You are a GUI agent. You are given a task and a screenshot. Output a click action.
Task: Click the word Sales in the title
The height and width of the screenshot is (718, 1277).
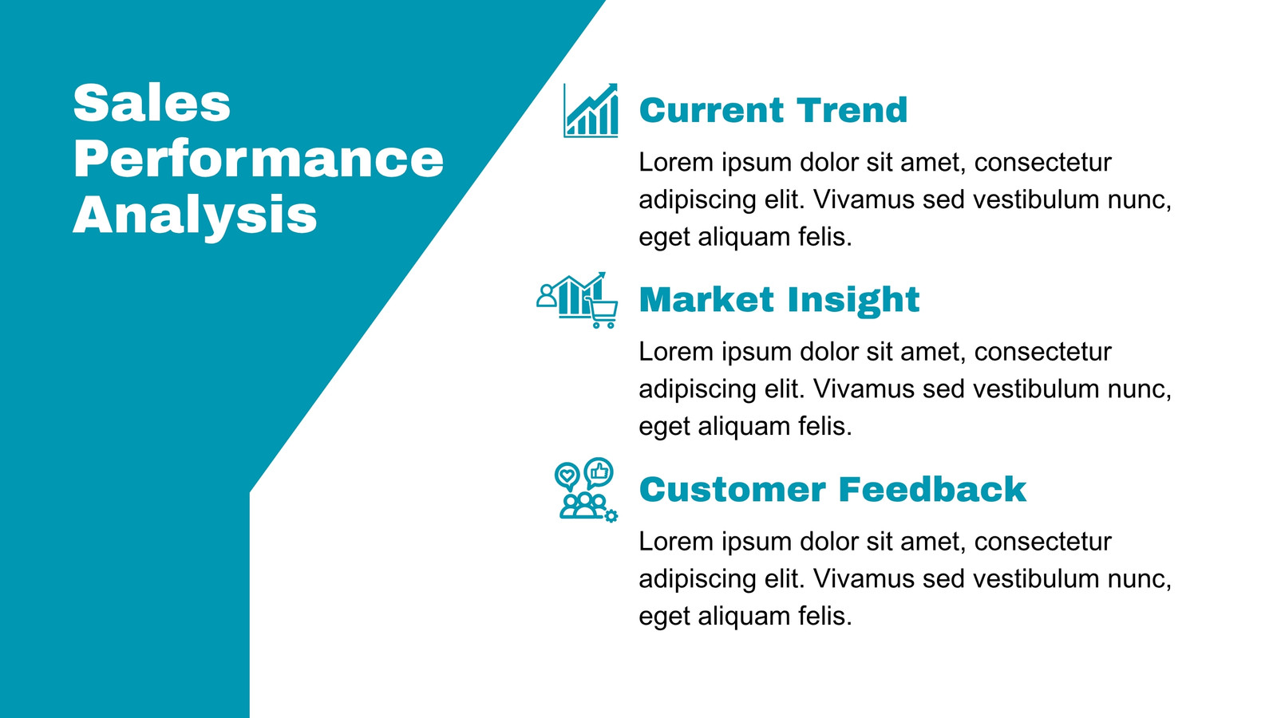(152, 103)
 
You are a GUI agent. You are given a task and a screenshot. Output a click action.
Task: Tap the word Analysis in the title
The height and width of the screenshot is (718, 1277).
(195, 215)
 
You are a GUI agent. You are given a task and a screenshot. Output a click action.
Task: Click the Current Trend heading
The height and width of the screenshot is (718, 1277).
(773, 110)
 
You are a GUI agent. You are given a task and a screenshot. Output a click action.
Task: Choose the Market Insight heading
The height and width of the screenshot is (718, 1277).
(779, 300)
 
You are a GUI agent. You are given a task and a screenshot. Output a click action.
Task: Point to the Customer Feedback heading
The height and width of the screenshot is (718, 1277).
(833, 490)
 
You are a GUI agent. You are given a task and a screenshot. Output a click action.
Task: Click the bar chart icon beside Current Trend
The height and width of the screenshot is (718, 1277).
(591, 111)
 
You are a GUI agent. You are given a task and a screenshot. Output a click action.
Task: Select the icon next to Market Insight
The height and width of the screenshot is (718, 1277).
(577, 300)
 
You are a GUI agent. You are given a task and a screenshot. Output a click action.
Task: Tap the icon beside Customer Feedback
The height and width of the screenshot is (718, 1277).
(586, 490)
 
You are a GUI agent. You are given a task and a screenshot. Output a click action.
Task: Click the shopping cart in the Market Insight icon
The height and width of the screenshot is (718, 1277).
(602, 313)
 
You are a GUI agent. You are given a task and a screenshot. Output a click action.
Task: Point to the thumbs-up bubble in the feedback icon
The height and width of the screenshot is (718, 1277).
(599, 472)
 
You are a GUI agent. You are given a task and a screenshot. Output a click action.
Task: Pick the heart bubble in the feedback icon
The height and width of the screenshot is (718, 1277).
(567, 476)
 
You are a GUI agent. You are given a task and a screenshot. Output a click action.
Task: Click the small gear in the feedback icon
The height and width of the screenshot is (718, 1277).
(611, 516)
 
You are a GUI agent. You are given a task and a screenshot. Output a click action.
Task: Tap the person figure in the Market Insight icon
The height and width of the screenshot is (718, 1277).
(546, 296)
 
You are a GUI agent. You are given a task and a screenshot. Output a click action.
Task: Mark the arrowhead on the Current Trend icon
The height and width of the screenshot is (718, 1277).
(611, 89)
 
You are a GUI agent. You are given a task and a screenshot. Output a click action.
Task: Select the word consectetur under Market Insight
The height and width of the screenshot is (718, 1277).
(1042, 352)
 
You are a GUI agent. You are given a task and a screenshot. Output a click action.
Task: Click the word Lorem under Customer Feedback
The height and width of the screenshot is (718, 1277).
(676, 542)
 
